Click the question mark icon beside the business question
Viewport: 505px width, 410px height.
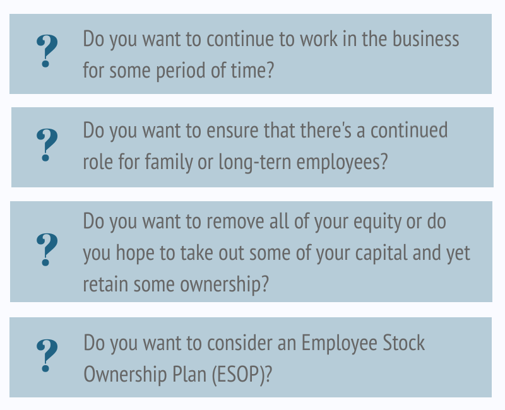pos(47,51)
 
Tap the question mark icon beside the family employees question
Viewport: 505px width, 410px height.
pos(47,145)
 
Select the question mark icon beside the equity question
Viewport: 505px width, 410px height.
pos(47,249)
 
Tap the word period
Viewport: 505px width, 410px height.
pos(166,69)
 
